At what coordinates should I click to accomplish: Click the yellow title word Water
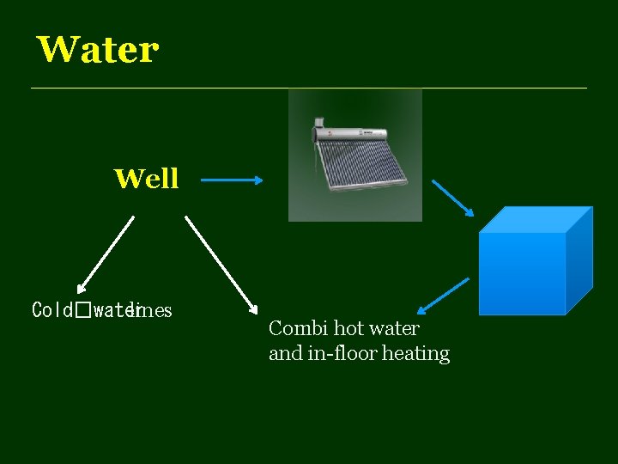pyautogui.click(x=98, y=50)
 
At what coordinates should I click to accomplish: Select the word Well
pyautogui.click(x=147, y=179)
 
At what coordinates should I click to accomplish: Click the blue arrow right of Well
pyautogui.click(x=233, y=180)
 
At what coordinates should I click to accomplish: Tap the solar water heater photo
pyautogui.click(x=354, y=156)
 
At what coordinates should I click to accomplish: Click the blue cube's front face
pyautogui.click(x=522, y=273)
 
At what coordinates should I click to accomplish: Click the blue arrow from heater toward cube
pyautogui.click(x=452, y=198)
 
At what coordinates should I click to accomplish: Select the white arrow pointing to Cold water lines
pyautogui.click(x=106, y=254)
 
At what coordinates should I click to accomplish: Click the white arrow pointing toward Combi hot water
pyautogui.click(x=221, y=263)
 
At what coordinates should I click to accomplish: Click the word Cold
pyautogui.click(x=52, y=309)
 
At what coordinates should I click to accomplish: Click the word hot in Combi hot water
pyautogui.click(x=348, y=328)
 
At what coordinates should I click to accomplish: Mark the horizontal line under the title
pyautogui.click(x=309, y=88)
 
